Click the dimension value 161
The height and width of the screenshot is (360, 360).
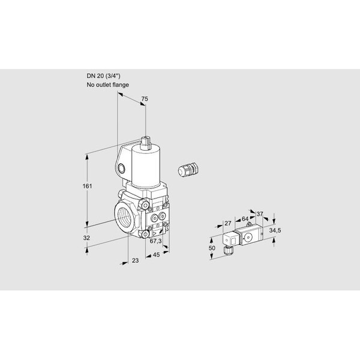point(87,186)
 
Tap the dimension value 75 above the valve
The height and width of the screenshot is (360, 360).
point(145,99)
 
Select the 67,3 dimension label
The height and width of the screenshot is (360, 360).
point(155,241)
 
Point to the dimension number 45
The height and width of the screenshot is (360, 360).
point(156,254)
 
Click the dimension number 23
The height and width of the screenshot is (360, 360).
point(136,260)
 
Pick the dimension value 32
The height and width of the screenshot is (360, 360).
point(86,238)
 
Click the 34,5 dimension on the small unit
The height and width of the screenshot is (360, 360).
point(275,230)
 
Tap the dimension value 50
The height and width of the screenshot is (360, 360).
point(212,248)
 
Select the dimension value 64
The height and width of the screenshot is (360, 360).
point(245,219)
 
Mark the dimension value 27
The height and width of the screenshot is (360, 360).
point(228,223)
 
